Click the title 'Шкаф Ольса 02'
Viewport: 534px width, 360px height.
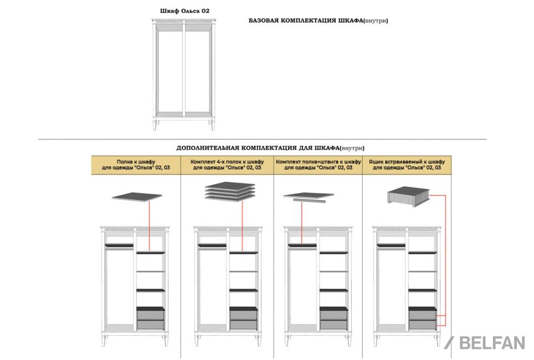coord(185,11)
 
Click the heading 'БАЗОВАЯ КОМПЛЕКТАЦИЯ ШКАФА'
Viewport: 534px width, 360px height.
coord(306,21)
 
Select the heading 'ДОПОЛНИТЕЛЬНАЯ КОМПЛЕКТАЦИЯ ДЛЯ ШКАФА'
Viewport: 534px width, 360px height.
coord(258,148)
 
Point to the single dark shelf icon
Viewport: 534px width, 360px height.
coord(137,196)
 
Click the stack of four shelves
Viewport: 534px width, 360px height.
coord(230,191)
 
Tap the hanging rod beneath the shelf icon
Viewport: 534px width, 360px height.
coord(309,201)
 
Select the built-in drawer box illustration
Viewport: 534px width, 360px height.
coord(408,196)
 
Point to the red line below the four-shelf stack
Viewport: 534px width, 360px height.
coord(242,226)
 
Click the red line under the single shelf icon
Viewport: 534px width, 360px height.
coord(149,226)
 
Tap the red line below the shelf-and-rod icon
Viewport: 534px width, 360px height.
coord(302,224)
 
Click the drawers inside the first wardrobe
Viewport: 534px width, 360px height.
coord(150,318)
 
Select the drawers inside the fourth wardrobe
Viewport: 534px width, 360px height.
coord(423,318)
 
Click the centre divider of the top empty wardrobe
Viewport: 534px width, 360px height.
coord(184,69)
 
